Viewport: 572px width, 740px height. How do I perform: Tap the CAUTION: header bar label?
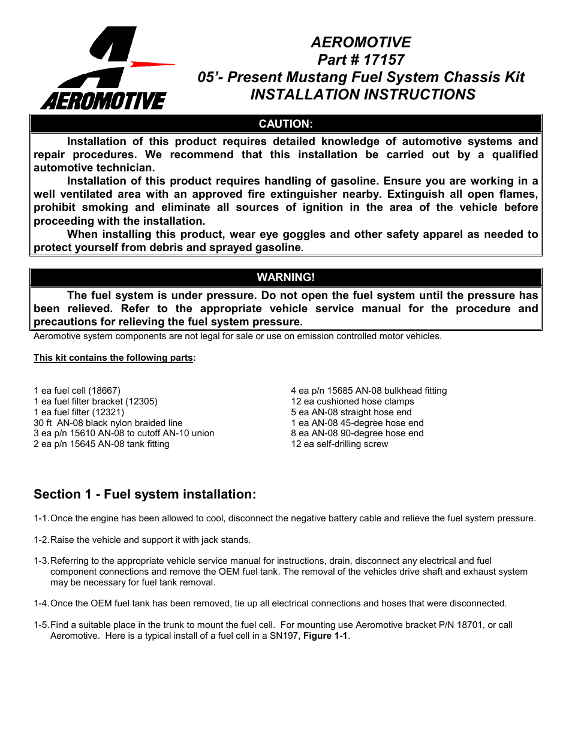click(285, 124)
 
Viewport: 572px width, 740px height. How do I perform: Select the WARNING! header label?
click(285, 277)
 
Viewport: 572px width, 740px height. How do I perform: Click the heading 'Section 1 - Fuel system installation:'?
click(144, 494)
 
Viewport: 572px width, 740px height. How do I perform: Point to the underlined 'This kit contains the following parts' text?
click(113, 358)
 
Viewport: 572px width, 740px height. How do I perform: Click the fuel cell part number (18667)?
click(104, 391)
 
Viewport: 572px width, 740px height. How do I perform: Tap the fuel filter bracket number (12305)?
click(142, 401)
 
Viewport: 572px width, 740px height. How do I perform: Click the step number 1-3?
click(41, 561)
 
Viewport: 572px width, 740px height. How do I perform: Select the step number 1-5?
click(41, 625)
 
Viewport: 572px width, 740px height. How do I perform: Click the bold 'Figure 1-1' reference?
click(325, 636)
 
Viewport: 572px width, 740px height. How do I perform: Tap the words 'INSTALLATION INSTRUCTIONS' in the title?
click(362, 95)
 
